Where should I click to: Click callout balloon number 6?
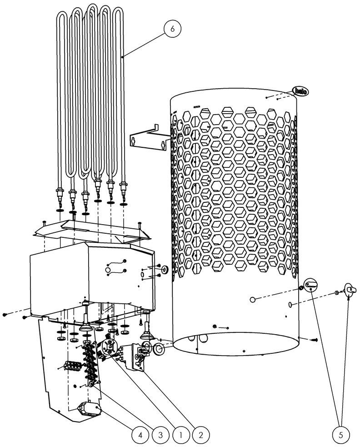click(172, 29)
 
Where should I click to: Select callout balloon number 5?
click(341, 435)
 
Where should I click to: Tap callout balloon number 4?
click(140, 435)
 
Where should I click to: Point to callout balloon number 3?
click(160, 435)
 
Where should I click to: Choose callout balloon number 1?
click(181, 435)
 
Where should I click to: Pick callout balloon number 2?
click(201, 435)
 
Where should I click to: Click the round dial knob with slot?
click(310, 285)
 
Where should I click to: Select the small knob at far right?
click(350, 290)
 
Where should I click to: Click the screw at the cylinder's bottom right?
click(315, 340)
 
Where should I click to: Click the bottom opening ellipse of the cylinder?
click(236, 343)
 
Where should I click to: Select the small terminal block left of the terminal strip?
click(72, 366)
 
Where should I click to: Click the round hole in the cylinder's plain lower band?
click(253, 300)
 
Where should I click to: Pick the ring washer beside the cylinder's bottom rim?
click(159, 349)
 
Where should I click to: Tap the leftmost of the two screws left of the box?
click(5, 314)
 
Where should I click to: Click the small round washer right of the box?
click(165, 269)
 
